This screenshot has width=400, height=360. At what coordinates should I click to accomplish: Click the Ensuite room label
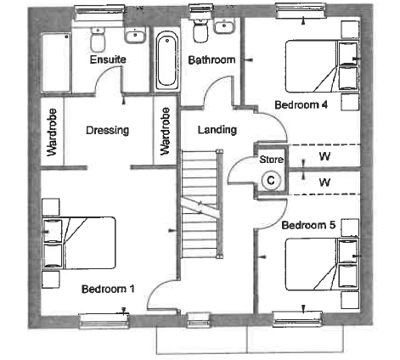(108, 59)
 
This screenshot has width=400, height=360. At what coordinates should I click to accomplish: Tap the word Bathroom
(211, 60)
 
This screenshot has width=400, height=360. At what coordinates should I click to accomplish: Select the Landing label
(217, 130)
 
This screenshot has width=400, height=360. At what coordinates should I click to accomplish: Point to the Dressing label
(108, 131)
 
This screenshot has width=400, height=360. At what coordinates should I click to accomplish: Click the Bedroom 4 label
(301, 105)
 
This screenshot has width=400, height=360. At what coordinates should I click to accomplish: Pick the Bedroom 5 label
(308, 225)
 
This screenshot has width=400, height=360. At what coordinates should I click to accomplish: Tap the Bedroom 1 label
(108, 289)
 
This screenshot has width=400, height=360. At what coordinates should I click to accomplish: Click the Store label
(272, 160)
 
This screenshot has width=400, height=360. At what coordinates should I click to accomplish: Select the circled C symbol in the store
(271, 180)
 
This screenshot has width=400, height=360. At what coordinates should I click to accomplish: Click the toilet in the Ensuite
(98, 40)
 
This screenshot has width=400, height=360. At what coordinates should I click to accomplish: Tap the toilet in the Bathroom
(200, 30)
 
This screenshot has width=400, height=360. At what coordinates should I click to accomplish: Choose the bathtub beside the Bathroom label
(167, 60)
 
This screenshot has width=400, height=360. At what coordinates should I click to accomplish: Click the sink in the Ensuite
(135, 35)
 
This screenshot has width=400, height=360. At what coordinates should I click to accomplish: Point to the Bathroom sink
(224, 26)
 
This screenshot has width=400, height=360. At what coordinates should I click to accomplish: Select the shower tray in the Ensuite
(56, 63)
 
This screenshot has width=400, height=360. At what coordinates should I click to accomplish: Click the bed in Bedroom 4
(322, 66)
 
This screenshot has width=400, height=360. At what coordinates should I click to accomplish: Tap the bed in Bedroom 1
(79, 243)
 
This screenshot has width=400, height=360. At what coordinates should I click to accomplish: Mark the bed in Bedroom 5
(322, 264)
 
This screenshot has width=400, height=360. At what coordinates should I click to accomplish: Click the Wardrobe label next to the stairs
(165, 131)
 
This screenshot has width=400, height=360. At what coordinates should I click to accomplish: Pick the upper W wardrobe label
(324, 156)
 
